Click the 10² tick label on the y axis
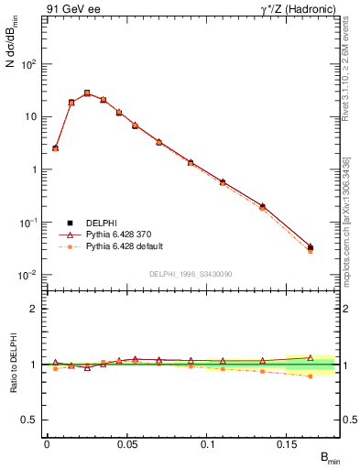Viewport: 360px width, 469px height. tap(28, 64)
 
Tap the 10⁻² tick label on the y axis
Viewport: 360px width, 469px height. tap(28, 275)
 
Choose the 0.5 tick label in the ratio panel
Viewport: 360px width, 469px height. tap(29, 420)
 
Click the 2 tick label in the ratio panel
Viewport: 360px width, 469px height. tap(34, 309)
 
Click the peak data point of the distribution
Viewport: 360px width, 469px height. tap(87, 93)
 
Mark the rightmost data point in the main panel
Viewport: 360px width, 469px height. tap(310, 247)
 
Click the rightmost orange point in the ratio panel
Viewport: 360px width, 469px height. tap(310, 376)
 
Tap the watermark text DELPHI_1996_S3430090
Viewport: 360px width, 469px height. tap(190, 274)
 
